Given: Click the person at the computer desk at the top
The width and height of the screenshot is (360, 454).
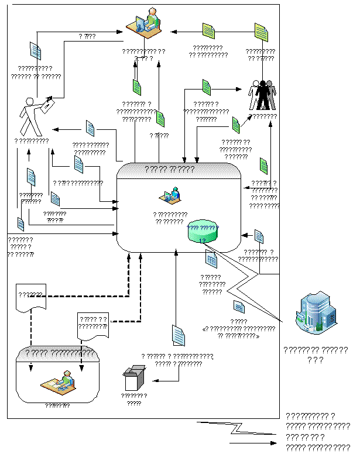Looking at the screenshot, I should tap(145, 23).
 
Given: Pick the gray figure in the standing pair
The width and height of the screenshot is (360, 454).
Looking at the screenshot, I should tap(270, 95).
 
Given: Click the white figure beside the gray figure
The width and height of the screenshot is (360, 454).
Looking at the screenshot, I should tap(255, 95).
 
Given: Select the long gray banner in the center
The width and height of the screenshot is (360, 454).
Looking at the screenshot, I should tap(179, 170).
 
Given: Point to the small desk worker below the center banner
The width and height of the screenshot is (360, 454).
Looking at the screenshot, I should tap(171, 195).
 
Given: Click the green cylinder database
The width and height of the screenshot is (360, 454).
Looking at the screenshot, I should tap(202, 232).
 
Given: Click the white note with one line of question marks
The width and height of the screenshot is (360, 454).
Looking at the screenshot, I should tap(30, 297).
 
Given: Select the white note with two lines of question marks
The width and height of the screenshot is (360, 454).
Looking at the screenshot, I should tap(93, 325).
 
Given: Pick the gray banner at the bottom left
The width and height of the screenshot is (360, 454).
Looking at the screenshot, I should tap(57, 354).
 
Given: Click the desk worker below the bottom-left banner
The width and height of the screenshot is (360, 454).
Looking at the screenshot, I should tap(59, 382).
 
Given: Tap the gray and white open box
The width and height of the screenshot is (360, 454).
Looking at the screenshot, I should tap(134, 378).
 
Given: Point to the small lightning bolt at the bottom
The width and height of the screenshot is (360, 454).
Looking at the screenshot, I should tap(239, 429).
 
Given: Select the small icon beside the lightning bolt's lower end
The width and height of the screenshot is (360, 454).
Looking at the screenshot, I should tap(239, 306).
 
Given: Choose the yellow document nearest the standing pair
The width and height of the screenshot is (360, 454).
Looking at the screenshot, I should tap(261, 33).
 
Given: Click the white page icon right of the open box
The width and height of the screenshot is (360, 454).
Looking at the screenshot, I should tap(179, 335).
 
